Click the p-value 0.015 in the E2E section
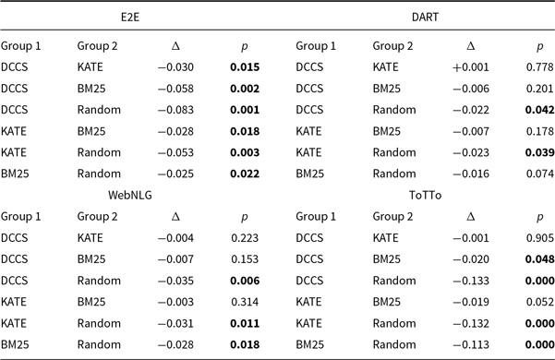pos(245,66)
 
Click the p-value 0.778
pos(539,66)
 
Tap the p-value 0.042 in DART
pos(539,109)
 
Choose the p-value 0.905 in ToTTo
pos(539,238)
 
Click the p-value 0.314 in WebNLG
pos(245,302)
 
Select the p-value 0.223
pos(245,238)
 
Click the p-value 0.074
pos(539,173)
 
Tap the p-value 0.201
pos(539,88)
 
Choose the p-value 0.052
pos(539,302)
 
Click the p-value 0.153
pos(245,259)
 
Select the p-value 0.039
pos(539,151)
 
